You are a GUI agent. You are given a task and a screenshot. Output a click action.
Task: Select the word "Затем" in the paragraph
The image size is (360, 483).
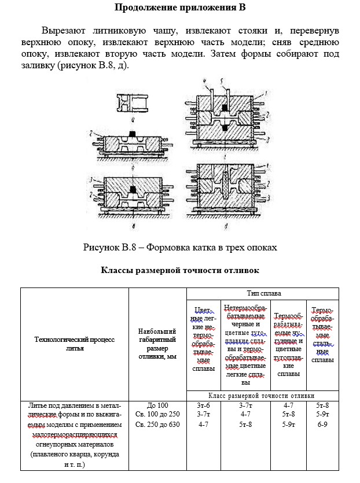223,54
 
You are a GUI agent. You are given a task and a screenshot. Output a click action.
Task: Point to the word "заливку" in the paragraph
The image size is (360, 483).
38,65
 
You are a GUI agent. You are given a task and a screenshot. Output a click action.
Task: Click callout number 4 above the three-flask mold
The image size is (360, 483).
204,81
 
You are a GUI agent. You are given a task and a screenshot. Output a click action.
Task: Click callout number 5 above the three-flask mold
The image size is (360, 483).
221,82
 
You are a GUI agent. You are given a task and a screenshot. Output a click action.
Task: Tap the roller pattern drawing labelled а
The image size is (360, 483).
132,103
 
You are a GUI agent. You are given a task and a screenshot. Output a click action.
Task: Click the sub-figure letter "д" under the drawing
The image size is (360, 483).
226,227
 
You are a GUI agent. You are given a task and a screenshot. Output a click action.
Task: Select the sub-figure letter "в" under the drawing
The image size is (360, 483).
134,227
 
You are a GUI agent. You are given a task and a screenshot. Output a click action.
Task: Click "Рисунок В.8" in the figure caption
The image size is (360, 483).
109,248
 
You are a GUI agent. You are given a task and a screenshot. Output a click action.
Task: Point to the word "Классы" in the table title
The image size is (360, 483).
114,270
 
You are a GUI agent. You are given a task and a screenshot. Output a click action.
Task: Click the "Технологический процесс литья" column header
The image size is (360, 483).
75,344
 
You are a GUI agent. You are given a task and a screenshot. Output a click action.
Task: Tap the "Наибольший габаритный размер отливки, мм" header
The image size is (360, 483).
157,344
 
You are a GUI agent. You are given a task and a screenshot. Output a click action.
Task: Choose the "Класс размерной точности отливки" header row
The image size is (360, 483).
262,396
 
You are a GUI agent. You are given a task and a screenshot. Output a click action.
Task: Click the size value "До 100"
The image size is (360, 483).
157,405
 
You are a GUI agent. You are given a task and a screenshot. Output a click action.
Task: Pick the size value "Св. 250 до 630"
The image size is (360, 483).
157,425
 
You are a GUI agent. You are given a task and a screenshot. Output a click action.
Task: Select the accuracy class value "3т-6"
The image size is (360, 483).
203,405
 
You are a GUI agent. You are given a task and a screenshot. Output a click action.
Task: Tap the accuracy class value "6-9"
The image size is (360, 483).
322,425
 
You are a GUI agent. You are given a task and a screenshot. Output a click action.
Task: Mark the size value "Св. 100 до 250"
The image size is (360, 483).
157,414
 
